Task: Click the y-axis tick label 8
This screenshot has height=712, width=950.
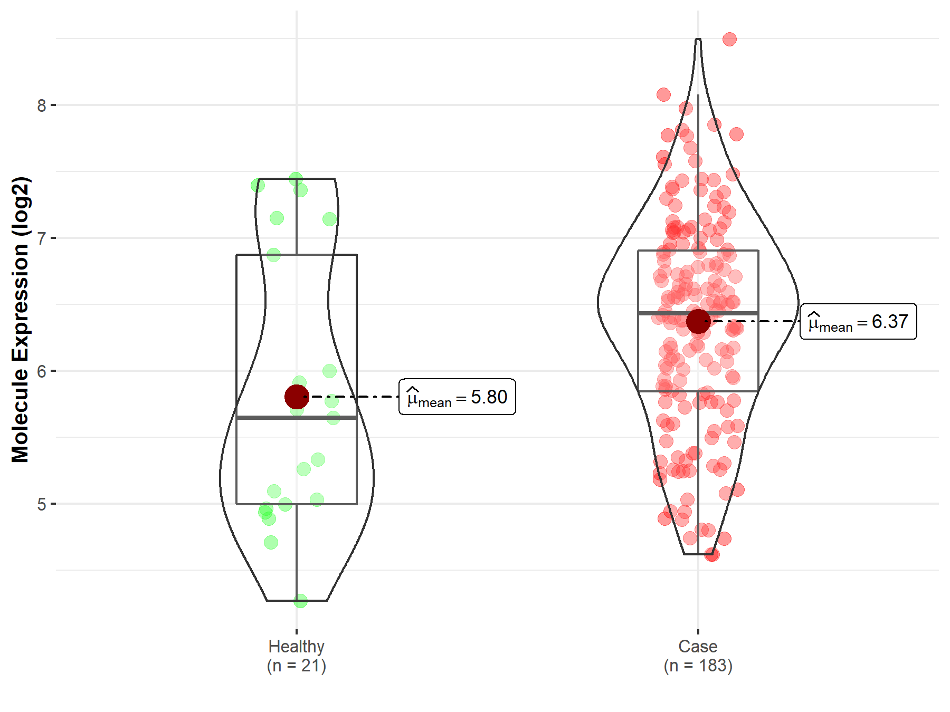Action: tap(42, 105)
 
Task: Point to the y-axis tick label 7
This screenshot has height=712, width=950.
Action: tap(42, 238)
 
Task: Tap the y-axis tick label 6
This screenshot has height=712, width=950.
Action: tap(42, 371)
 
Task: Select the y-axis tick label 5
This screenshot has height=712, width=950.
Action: tap(42, 504)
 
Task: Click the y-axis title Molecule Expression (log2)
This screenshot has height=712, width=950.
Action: tap(20, 320)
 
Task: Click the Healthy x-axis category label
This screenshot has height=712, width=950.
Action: tap(296, 646)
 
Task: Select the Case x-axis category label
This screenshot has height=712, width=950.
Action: tap(698, 646)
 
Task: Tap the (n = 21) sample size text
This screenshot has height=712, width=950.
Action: tap(296, 666)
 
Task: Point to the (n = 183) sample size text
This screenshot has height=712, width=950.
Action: tap(698, 666)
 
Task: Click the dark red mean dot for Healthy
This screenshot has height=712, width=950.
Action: tap(297, 397)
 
